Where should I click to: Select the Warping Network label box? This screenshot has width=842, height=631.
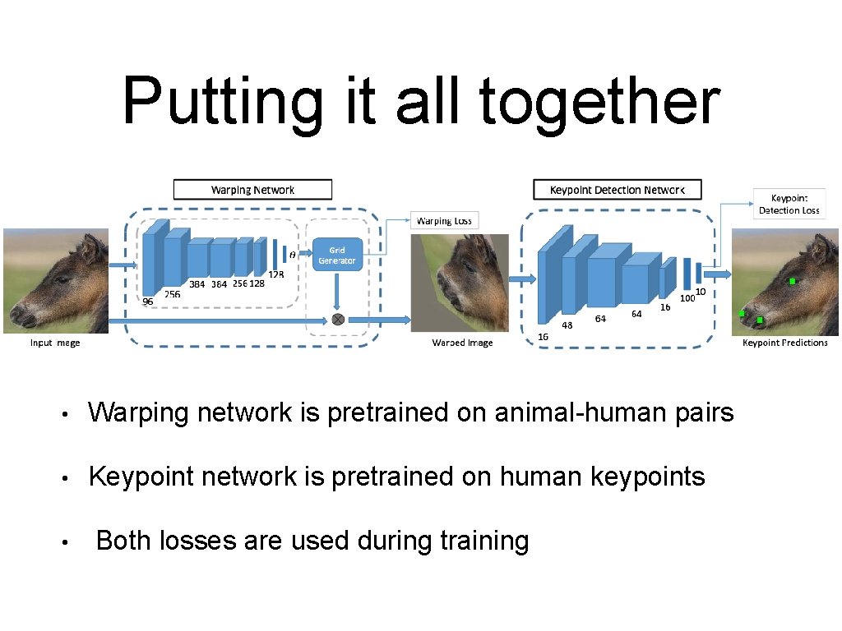pos(252,190)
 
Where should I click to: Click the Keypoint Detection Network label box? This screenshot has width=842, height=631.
pos(618,190)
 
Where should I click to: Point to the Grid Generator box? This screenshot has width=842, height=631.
pos(336,256)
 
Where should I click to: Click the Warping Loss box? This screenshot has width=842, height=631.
pos(444,220)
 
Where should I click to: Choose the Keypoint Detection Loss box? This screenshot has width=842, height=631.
pos(789,204)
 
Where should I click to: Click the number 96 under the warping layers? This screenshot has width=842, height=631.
pos(148,302)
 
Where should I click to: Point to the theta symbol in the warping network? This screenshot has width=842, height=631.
pos(293,256)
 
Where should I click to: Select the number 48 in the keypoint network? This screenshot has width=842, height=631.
pos(567,325)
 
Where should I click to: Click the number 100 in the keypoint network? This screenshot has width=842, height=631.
pos(687,298)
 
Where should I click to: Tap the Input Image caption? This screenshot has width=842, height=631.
pos(55,343)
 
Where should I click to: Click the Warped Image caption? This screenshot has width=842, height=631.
pos(462,343)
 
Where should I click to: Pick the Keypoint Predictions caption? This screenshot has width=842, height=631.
pos(784,343)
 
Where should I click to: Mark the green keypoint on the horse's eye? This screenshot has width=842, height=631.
pos(792,281)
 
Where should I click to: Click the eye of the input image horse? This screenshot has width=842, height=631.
pos(62,280)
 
